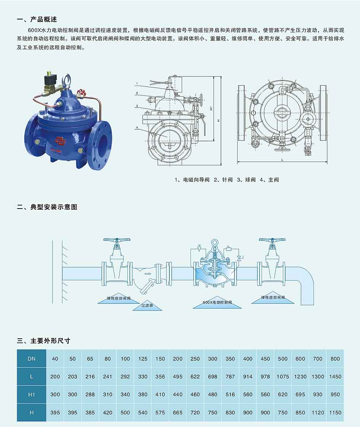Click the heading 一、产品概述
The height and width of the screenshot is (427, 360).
(x=37, y=19)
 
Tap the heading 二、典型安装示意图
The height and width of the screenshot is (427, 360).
(x=47, y=207)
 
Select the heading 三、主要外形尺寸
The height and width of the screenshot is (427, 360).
(x=43, y=341)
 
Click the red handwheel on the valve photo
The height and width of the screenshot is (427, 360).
(x=81, y=92)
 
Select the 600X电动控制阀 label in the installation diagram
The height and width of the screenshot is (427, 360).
(x=217, y=303)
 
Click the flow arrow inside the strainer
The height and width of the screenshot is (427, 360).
(x=148, y=273)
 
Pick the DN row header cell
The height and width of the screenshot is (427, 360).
(x=32, y=358)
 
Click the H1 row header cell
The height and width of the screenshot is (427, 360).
(x=32, y=394)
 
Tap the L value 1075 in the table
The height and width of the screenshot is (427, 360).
(x=283, y=377)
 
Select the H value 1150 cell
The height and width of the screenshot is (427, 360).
(x=335, y=412)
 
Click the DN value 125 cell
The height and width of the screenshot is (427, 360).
(x=142, y=358)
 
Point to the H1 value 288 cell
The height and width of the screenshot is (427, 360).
(x=90, y=394)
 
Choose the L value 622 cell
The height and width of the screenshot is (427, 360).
(x=195, y=377)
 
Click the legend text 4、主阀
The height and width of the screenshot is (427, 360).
(x=269, y=180)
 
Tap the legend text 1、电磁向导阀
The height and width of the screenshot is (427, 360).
(x=192, y=180)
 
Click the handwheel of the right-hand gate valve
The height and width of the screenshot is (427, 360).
(x=272, y=240)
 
